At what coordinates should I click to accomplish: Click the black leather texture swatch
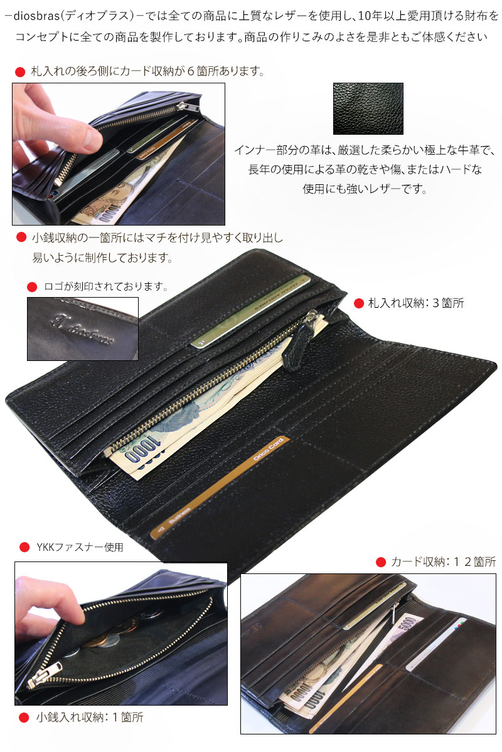[368, 108]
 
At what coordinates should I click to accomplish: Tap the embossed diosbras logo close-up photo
[83, 328]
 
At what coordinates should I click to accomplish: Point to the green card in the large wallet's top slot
[250, 311]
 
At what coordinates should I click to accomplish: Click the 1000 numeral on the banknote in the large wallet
[143, 450]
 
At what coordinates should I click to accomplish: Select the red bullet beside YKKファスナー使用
[24, 547]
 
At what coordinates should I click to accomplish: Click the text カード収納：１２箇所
[444, 561]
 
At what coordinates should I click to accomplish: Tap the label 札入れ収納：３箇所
[416, 303]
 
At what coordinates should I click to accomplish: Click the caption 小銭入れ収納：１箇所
[90, 717]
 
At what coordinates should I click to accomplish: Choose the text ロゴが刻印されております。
[106, 286]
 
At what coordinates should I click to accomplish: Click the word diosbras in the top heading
[36, 16]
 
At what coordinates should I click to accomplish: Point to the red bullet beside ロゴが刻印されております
[32, 287]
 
